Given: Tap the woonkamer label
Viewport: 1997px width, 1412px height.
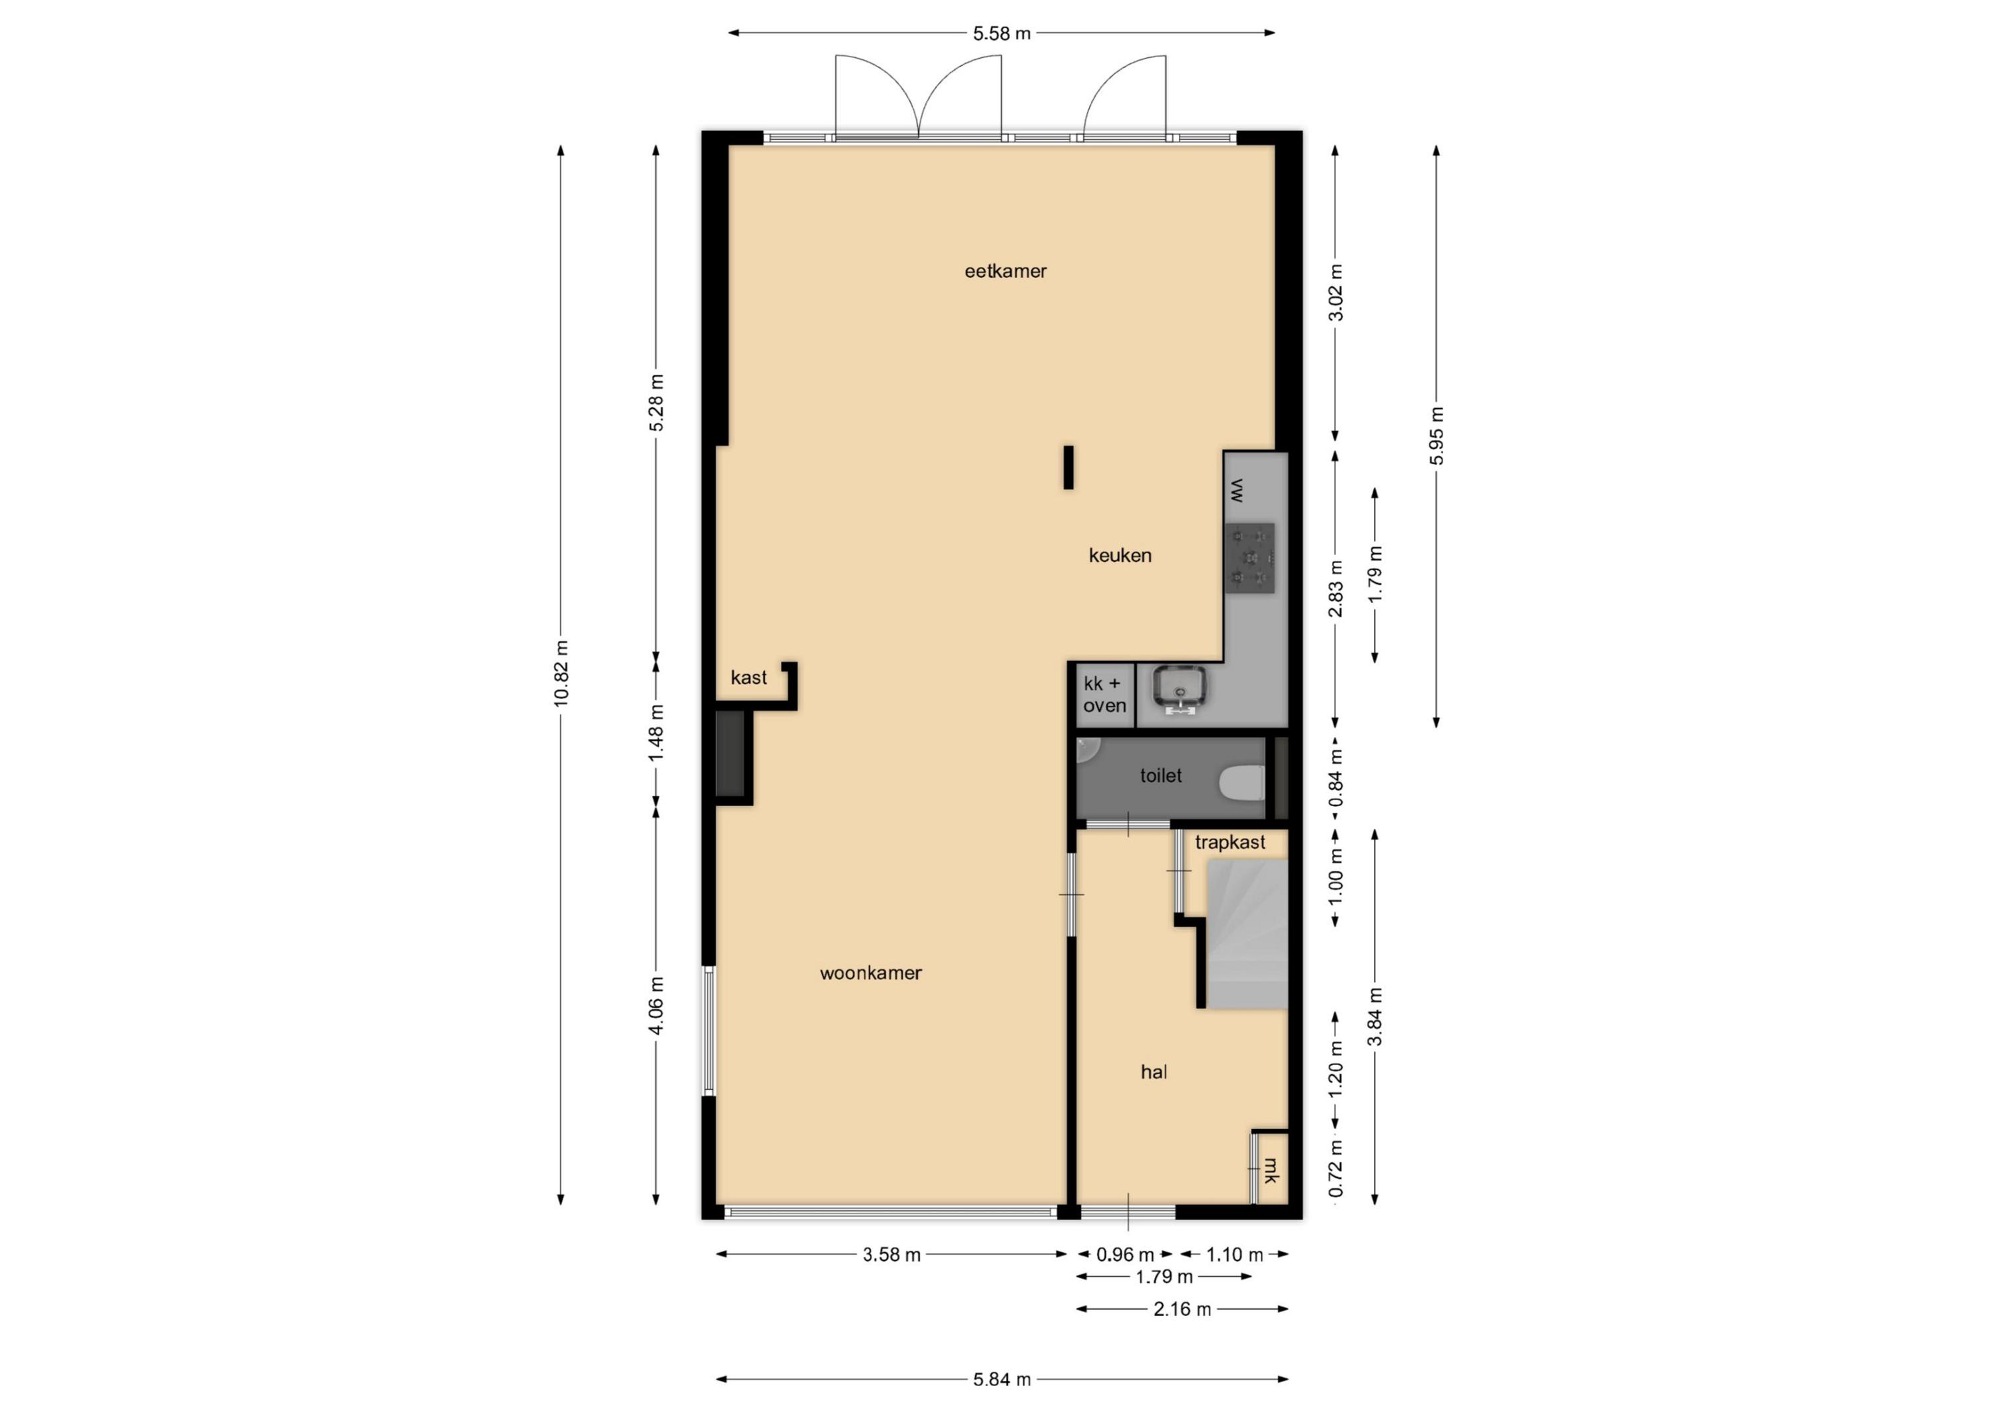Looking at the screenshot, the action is (x=871, y=973).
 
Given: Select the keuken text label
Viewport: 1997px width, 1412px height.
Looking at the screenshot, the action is (x=1120, y=555).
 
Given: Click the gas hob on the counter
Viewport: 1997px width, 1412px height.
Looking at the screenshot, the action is (x=1250, y=558).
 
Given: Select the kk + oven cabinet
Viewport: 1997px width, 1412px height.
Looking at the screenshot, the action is (x=1104, y=695).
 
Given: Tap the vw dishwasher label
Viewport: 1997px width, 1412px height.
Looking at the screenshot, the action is (x=1237, y=491).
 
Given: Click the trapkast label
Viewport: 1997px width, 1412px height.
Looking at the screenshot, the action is (x=1230, y=842).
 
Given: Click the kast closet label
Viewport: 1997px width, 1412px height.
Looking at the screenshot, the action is (x=749, y=678).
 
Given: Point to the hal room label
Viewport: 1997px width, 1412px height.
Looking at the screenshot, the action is (x=1154, y=1072).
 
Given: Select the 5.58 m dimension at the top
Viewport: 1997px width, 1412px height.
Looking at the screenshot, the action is (x=1001, y=34).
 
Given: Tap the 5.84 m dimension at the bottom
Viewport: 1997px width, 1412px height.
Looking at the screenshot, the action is (x=1002, y=1379).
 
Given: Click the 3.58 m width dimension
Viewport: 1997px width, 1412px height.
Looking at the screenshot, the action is (x=891, y=1254).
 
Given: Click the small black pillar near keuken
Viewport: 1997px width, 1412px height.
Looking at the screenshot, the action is (x=1068, y=467).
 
